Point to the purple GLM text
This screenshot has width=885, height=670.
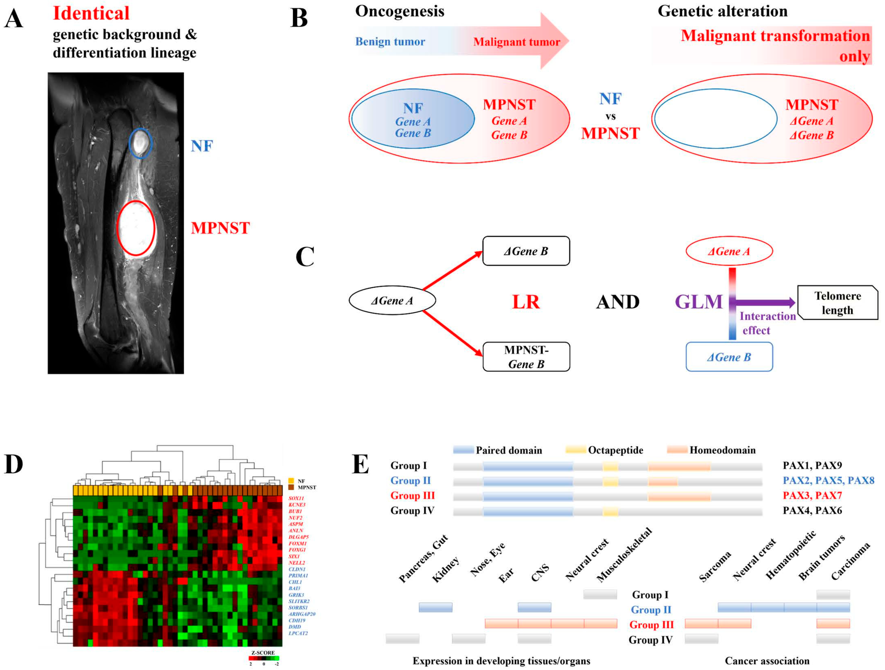(699, 302)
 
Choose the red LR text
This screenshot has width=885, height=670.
(526, 302)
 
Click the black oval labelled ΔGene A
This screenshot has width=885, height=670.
(392, 300)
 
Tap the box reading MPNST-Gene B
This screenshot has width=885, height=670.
(526, 357)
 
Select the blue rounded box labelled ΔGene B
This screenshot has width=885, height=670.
(729, 357)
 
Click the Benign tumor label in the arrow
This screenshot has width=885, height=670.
(390, 42)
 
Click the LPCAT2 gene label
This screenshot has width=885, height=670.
(298, 633)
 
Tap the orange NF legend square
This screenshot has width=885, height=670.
(291, 481)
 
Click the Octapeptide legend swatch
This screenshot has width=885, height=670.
(575, 450)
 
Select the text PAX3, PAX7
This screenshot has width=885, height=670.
(812, 495)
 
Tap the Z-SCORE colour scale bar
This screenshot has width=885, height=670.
(264, 658)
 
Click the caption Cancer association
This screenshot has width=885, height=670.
(767, 661)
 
